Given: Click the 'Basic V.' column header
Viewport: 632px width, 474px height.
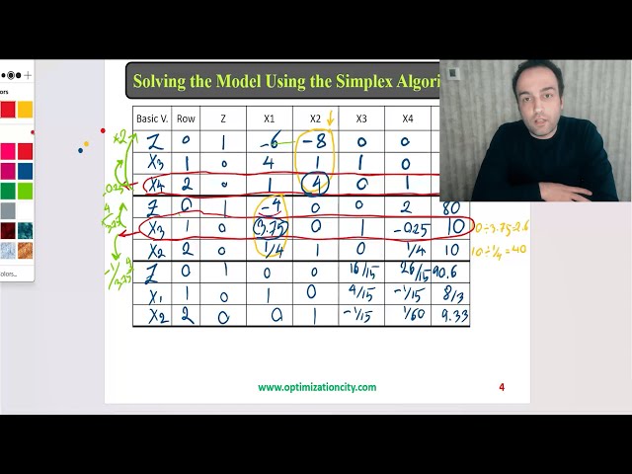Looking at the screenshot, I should pos(153,118).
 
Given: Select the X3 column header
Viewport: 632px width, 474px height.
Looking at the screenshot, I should pos(361,118).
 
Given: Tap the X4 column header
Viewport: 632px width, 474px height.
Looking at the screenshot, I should pos(407,118).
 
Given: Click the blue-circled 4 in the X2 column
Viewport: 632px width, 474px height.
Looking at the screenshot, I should pos(315,184).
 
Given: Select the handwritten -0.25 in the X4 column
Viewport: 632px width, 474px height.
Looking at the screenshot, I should pos(409,229).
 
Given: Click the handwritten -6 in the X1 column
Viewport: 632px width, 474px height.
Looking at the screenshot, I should pos(269,141).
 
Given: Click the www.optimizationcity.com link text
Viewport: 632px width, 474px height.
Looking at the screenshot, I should pos(317,387).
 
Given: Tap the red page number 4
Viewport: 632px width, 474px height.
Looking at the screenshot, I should pos(502,387).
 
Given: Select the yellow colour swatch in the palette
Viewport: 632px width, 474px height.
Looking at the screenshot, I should pos(25,110).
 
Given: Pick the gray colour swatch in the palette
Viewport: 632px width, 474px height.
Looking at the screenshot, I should pos(8,210).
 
